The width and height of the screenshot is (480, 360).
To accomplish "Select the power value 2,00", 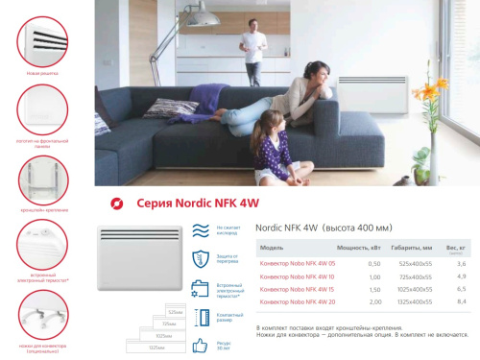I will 348,302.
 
